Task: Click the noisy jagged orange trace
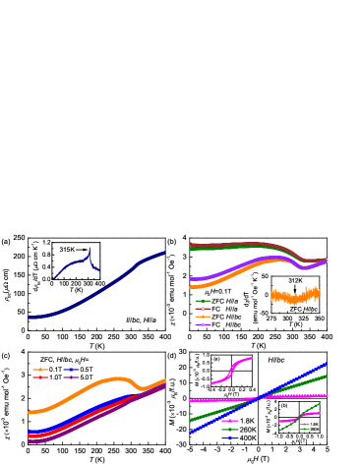pos(295,295)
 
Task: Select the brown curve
pos(246,244)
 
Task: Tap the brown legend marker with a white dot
pos(203,309)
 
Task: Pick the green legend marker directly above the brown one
pos(203,301)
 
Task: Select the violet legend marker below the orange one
pos(203,324)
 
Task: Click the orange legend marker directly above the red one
pos(40,370)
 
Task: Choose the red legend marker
pos(40,378)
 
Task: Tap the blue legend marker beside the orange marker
pos(71,370)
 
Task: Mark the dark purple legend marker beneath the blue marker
pos(71,378)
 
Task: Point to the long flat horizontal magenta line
pos(216,400)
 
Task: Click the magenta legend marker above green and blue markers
pos(230,421)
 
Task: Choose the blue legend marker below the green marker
pos(230,437)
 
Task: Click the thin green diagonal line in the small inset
pos(295,418)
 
